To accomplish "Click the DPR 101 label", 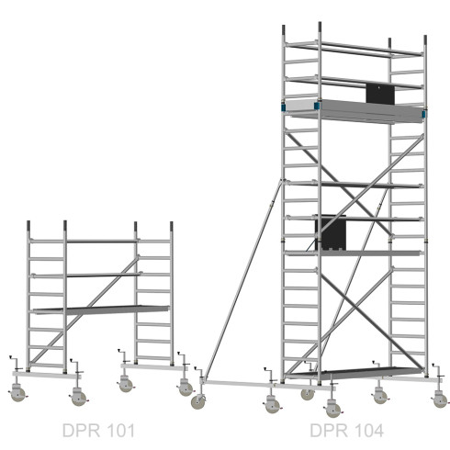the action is point(98,431).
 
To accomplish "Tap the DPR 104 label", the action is point(346,431).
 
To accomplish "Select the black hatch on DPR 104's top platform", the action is point(380,94).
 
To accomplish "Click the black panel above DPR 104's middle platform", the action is point(331,231).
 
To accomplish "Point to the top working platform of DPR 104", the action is point(354,111).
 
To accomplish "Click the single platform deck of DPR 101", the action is point(101,309).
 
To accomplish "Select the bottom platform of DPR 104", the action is point(354,373).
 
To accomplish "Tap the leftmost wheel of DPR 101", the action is point(17,394).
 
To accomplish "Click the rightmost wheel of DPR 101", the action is point(186,388).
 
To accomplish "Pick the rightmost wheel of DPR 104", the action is point(440,400).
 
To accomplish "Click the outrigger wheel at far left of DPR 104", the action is point(198,401).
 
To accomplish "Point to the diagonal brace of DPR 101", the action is point(84,310).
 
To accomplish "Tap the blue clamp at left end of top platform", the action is point(283,107).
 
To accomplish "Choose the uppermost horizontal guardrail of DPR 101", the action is point(102,242).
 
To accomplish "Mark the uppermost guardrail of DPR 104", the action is point(354,49).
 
